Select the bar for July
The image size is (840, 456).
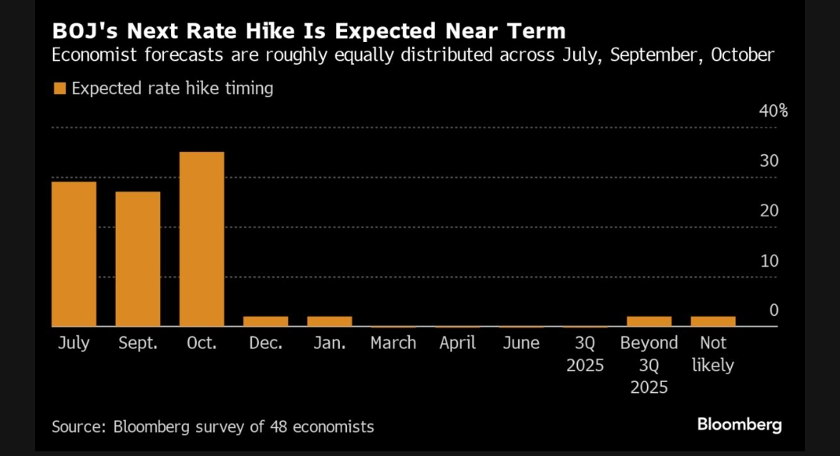tap(74, 254)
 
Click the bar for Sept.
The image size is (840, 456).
tap(138, 258)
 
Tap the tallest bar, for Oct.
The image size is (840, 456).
tap(201, 239)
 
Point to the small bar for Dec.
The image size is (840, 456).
tap(265, 321)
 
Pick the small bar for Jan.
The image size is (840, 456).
tap(329, 321)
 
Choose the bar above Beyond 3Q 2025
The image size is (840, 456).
tap(649, 321)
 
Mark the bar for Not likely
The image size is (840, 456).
tap(712, 321)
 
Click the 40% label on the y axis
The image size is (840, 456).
tap(773, 111)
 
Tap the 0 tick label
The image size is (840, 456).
tap(773, 310)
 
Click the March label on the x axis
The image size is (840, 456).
tap(393, 343)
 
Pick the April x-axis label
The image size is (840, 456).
tap(457, 343)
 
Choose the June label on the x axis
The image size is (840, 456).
tap(521, 343)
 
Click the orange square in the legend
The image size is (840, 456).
tap(59, 89)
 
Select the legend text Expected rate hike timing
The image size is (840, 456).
tap(172, 89)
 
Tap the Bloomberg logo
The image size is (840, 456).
tap(739, 425)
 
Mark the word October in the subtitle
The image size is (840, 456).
tap(741, 55)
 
